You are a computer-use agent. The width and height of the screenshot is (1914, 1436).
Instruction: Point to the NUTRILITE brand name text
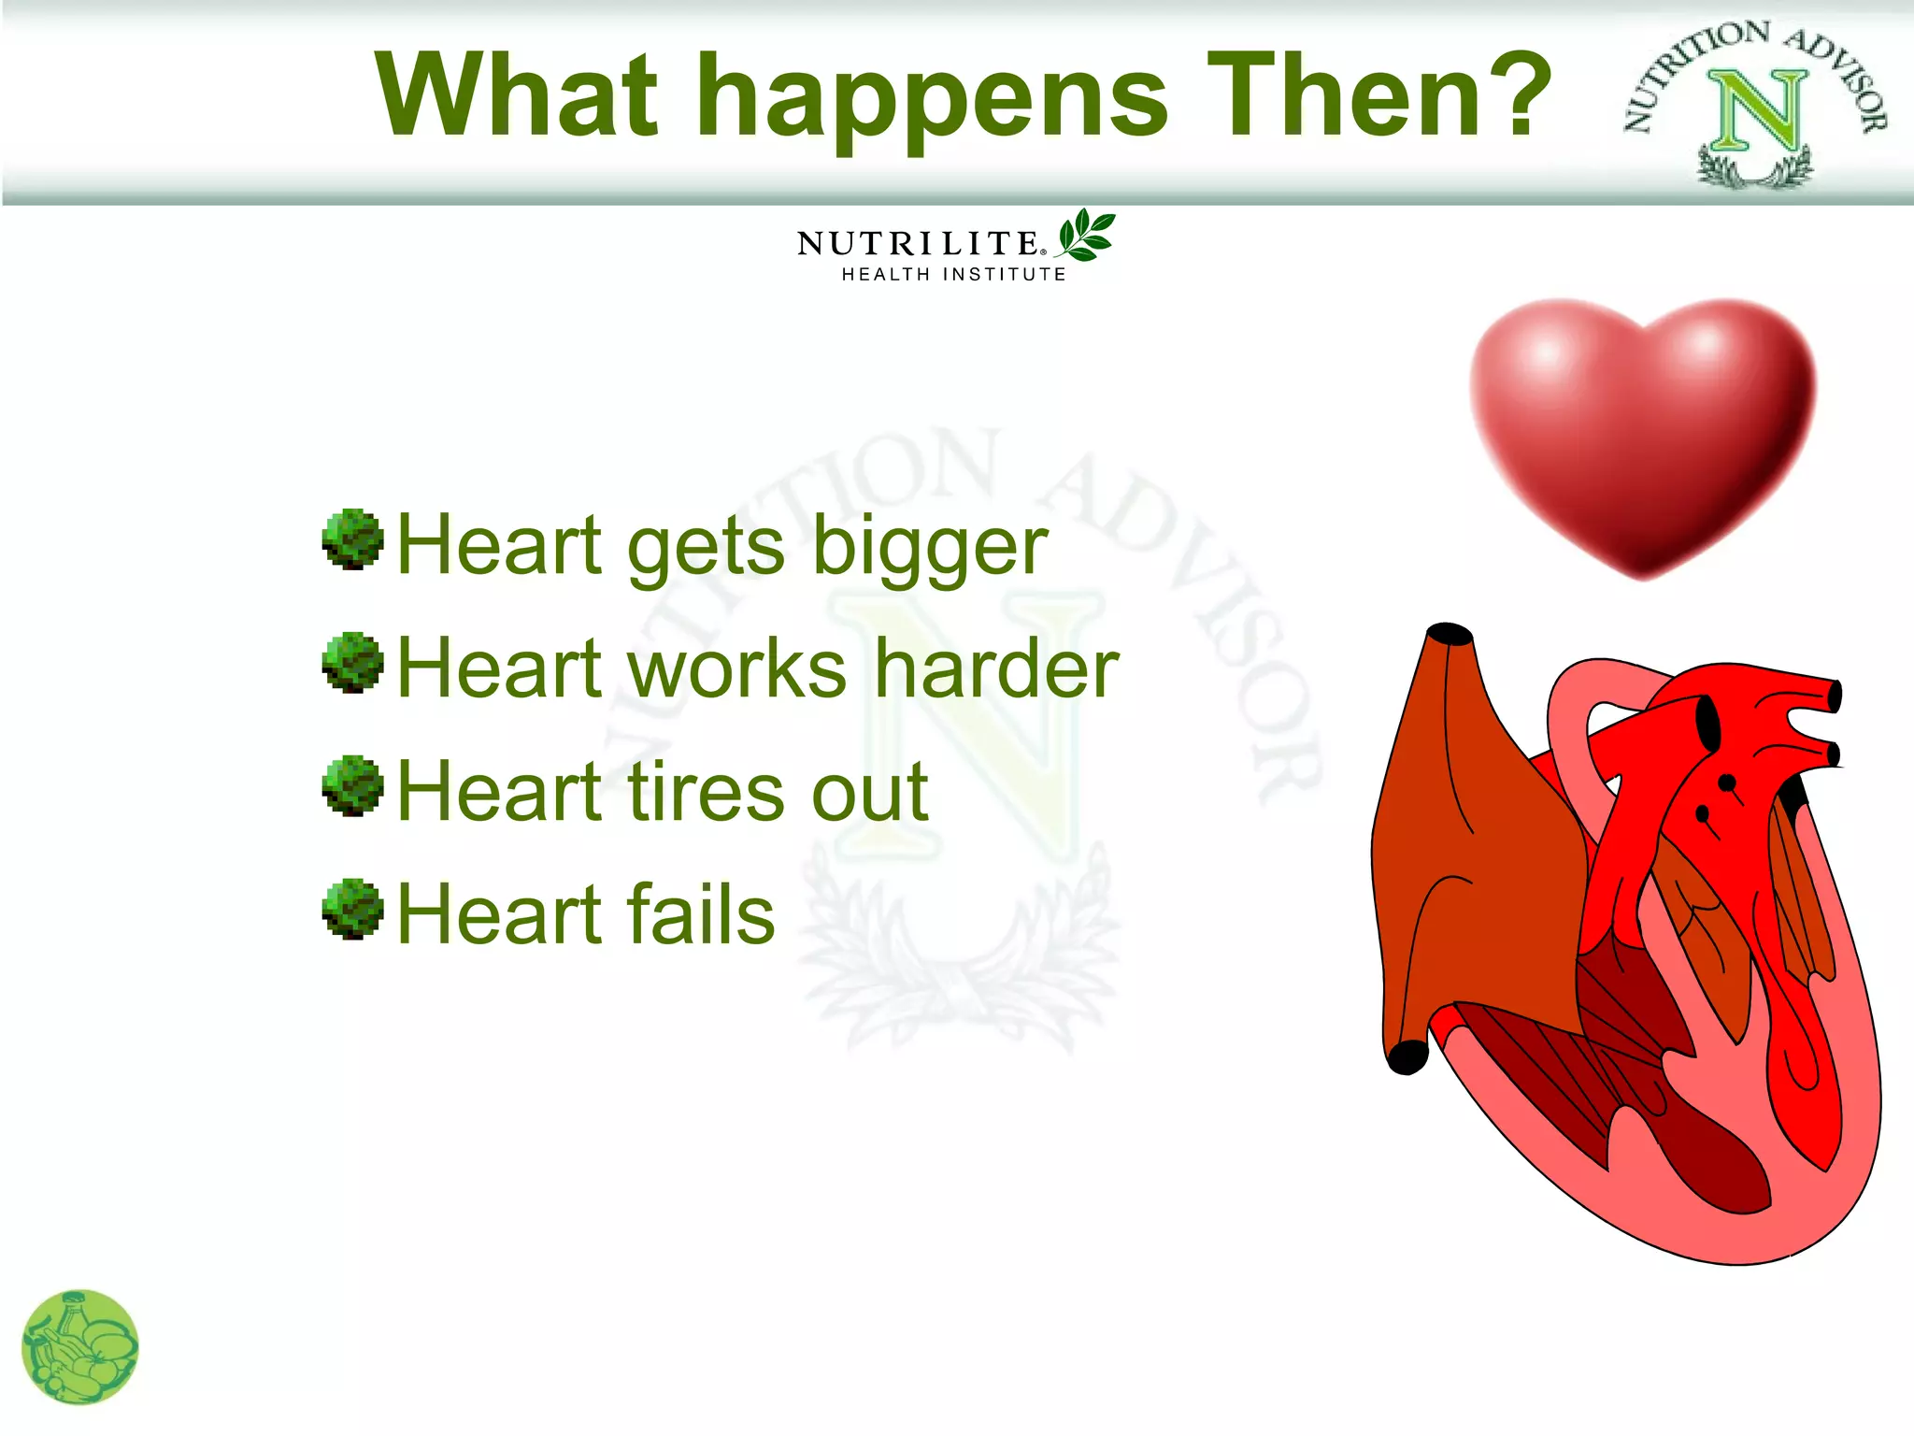[917, 244]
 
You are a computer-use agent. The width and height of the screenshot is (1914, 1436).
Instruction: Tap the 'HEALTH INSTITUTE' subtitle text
[953, 275]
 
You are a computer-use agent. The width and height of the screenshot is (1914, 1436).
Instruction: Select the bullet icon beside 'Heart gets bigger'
[352, 539]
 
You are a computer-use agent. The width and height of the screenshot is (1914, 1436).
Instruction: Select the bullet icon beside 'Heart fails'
[352, 909]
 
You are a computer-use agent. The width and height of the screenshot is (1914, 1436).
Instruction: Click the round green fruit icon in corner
[80, 1347]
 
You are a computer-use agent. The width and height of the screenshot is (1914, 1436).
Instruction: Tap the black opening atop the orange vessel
[1450, 634]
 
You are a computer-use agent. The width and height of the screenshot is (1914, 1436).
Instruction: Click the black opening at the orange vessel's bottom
[1407, 1057]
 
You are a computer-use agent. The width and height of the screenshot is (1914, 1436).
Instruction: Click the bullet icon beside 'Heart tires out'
[352, 785]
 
